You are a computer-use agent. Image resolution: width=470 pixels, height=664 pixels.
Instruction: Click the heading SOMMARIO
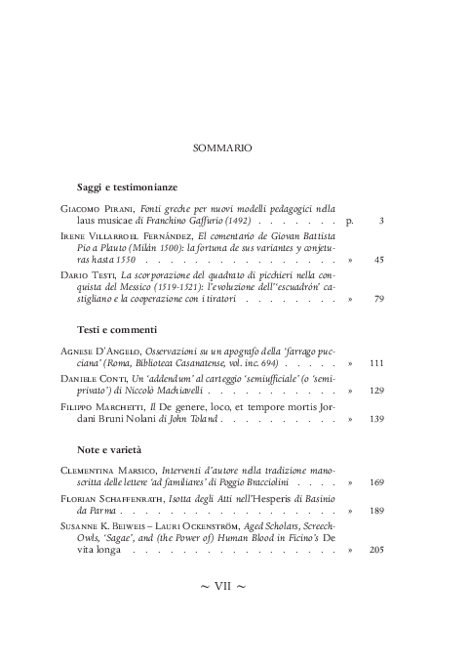click(x=224, y=148)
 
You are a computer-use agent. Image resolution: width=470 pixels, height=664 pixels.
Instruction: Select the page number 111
click(x=376, y=363)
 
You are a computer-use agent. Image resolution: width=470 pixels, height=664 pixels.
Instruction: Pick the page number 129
click(x=376, y=391)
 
